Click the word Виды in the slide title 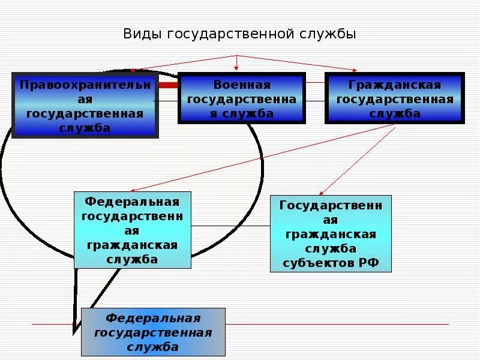click(142, 34)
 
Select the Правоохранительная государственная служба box click(85, 106)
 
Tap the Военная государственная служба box click(241, 98)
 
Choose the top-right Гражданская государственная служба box click(395, 98)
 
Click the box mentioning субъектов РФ click(331, 234)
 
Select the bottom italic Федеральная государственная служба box click(153, 332)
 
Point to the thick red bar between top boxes click(168, 85)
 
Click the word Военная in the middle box click(242, 85)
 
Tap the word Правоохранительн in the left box click(85, 84)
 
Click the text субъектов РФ click(331, 263)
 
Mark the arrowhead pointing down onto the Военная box click(236, 70)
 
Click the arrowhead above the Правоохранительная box click(133, 70)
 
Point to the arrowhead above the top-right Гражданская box click(355, 70)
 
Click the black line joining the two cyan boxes click(230, 226)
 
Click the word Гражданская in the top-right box click(395, 85)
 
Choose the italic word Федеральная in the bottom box click(153, 318)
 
